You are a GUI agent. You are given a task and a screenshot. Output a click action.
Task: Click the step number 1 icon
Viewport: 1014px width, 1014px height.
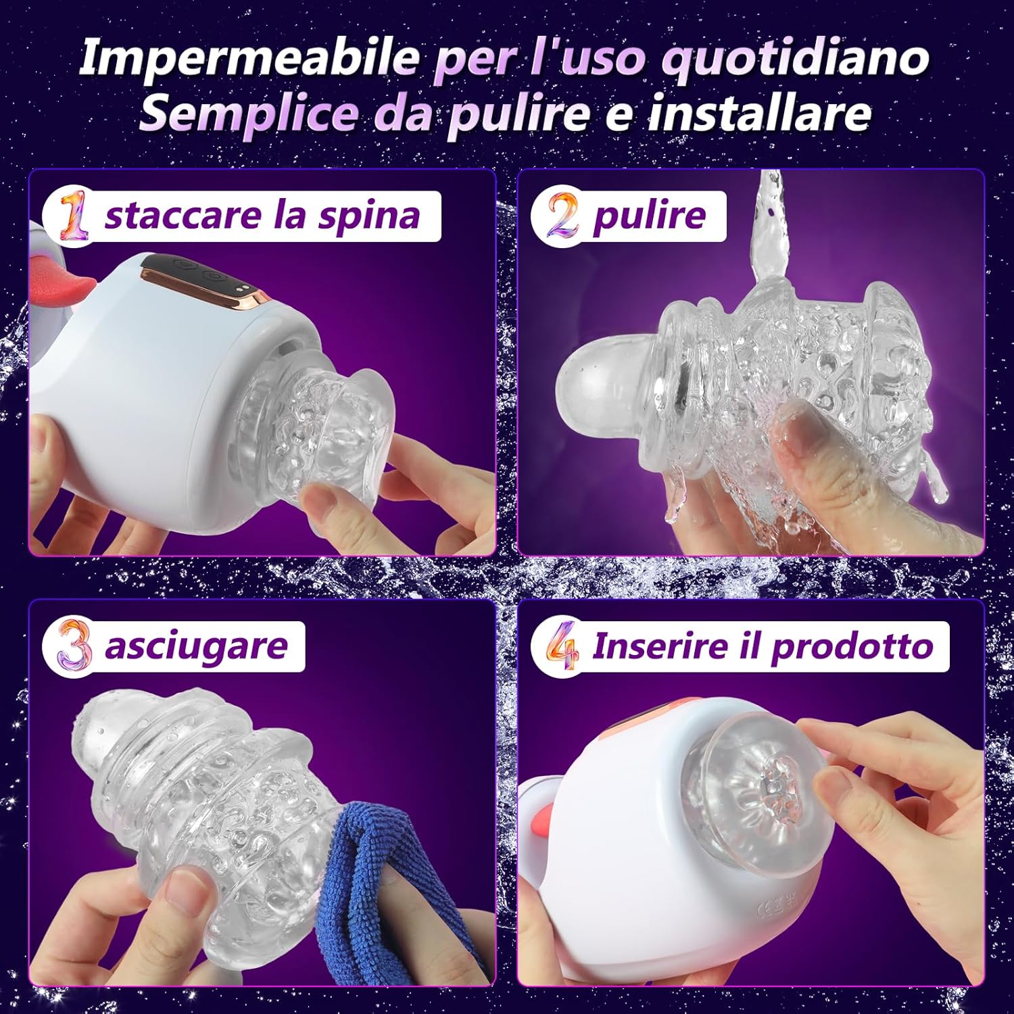[73, 216]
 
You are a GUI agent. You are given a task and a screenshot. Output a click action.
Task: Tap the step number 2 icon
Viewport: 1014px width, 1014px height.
[562, 216]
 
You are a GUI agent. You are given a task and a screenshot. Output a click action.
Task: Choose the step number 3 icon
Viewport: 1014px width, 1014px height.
[73, 646]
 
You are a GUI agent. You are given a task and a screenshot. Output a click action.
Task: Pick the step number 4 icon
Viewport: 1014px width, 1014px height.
[562, 646]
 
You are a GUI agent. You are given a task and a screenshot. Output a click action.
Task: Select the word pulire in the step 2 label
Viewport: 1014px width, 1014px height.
[649, 216]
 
